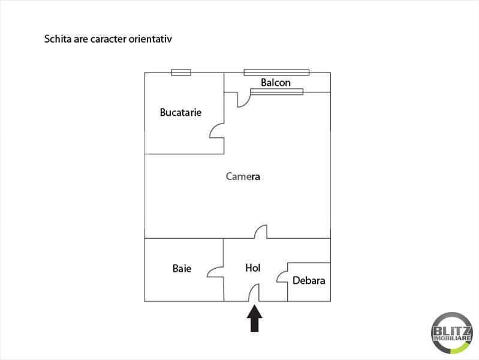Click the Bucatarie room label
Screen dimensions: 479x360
click(180, 112)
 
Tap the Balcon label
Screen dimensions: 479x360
click(276, 82)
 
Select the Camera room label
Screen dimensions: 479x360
click(243, 176)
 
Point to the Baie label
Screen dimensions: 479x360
click(182, 268)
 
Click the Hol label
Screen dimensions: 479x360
click(253, 268)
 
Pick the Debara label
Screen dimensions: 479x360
click(309, 280)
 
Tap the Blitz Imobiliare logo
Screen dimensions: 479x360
click(452, 333)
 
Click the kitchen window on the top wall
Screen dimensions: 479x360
click(181, 73)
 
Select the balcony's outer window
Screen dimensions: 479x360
click(276, 73)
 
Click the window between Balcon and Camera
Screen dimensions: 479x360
click(277, 92)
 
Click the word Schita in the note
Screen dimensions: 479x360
click(58, 39)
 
